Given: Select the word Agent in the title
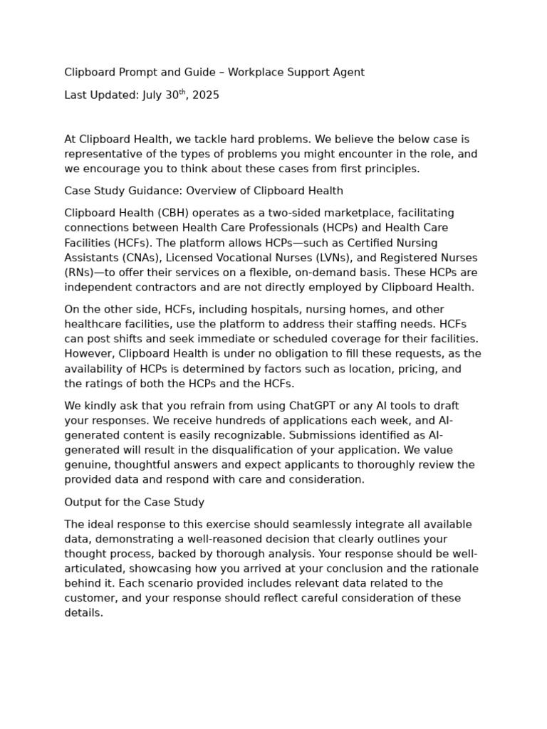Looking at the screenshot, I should tap(348, 72).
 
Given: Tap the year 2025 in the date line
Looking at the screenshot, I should tap(205, 95).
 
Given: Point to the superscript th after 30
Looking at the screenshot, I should tap(181, 92).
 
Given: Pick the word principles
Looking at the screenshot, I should tap(391, 169).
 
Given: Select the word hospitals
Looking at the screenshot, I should tap(236, 310).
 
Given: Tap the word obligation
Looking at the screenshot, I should tap(306, 354).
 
